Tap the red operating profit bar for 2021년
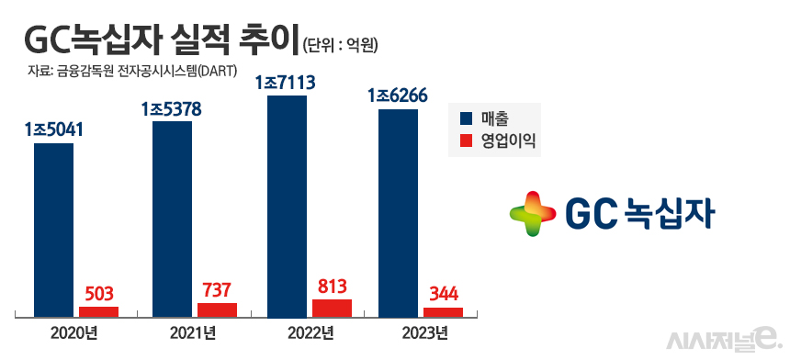(x=217, y=310)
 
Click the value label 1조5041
(x=54, y=129)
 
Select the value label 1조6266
(x=398, y=96)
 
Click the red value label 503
(x=98, y=294)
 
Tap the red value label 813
(x=332, y=286)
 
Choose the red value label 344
(x=445, y=295)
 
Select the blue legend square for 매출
(x=466, y=119)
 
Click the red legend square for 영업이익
(x=466, y=141)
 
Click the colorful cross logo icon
(x=534, y=213)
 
